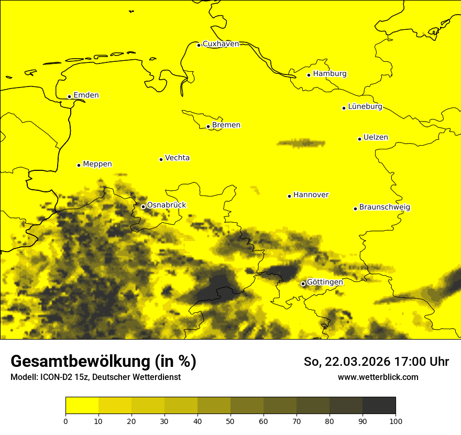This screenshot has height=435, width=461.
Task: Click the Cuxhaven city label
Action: (221, 44)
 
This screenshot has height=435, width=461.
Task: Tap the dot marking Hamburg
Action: (309, 75)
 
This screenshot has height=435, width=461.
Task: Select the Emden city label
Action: (86, 95)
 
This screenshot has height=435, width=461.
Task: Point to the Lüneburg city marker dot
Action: (344, 108)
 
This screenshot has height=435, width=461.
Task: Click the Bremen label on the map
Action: (226, 125)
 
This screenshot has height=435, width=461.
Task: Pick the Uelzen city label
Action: (376, 138)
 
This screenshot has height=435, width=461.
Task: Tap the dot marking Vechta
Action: (161, 159)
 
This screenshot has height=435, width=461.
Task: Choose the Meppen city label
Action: (97, 164)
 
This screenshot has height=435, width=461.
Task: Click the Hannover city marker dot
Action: (289, 196)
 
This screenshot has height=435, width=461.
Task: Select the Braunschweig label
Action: (385, 208)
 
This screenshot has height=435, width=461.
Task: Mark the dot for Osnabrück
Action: (143, 206)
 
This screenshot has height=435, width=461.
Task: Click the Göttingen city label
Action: (325, 282)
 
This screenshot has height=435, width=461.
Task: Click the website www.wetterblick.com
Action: (378, 377)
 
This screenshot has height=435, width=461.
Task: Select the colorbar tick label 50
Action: (230, 421)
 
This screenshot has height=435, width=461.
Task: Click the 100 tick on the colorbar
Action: (396, 421)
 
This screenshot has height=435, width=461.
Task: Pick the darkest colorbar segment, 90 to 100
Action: (379, 405)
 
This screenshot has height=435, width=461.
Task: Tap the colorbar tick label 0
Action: (65, 421)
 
